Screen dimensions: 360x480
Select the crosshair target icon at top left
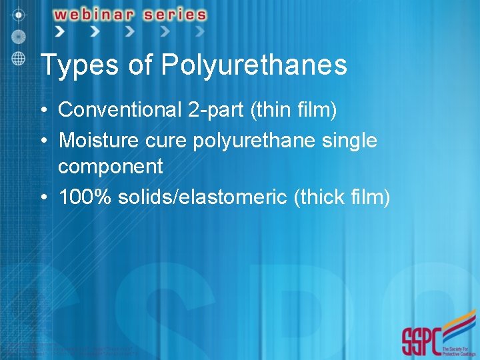(20, 14)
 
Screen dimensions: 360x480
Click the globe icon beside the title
(19, 58)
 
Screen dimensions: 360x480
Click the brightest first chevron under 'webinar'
(61, 31)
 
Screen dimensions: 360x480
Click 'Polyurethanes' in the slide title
(254, 65)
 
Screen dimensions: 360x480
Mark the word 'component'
(110, 167)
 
